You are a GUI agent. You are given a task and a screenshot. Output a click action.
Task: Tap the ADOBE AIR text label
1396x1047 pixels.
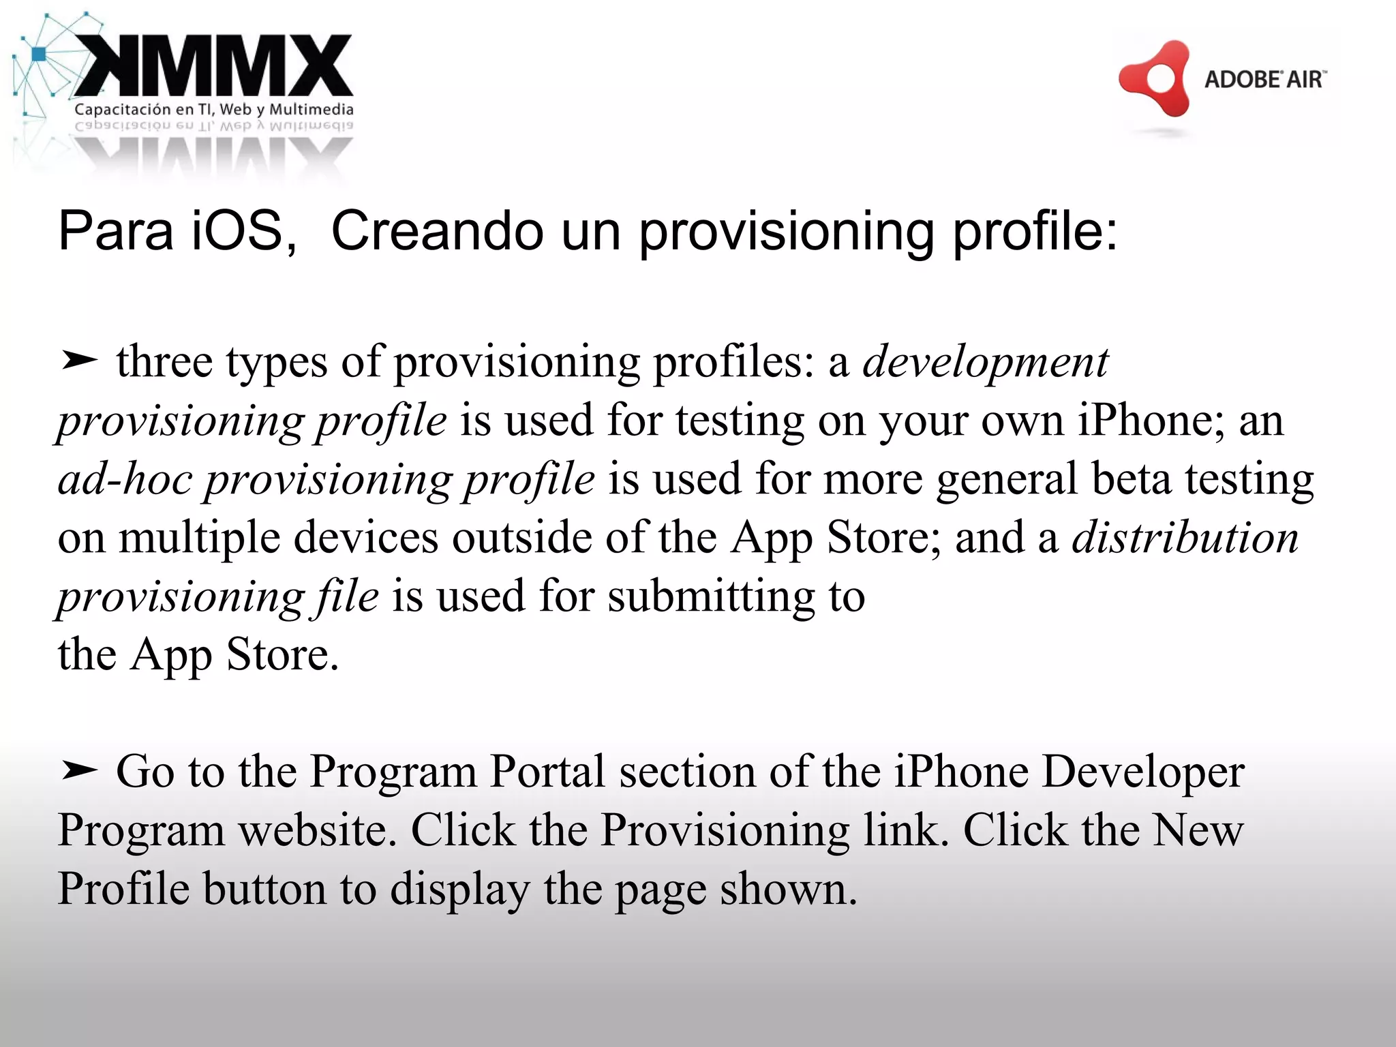tap(1264, 80)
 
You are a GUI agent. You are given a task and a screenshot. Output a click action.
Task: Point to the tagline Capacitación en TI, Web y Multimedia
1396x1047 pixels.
tap(214, 109)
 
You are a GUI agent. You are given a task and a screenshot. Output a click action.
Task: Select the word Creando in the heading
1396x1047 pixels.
tap(437, 230)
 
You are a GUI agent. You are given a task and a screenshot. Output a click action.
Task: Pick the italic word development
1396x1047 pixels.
tap(986, 361)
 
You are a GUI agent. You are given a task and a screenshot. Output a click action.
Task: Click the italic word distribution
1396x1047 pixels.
tap(1185, 537)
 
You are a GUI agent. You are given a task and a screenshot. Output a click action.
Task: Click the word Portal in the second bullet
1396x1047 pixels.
tap(547, 772)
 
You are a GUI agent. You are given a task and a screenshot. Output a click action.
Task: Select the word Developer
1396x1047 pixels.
tap(1143, 772)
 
